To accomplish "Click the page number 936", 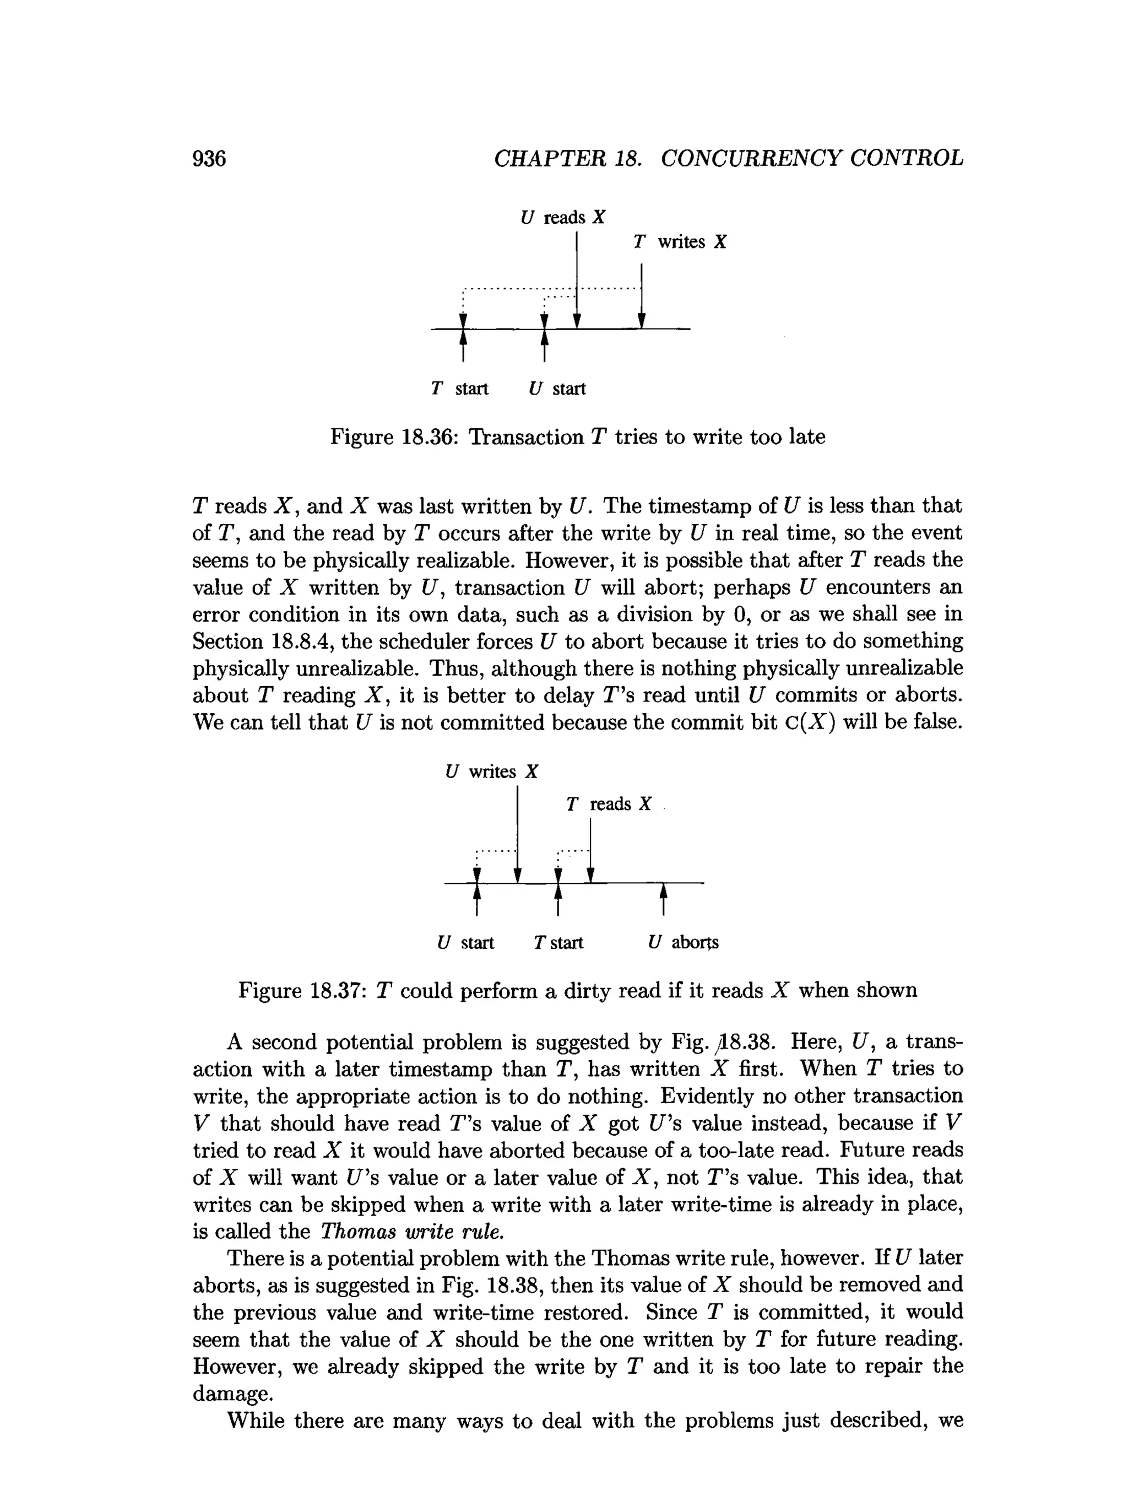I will [209, 158].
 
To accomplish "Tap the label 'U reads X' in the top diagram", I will [563, 218].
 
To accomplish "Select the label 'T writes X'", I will [680, 242].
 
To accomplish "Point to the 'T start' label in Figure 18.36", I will [459, 388].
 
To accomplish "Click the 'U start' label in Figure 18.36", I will [557, 388].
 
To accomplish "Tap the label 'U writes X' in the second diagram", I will [492, 772].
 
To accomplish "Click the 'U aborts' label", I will [683, 942].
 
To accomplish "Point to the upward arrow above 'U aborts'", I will [663, 899].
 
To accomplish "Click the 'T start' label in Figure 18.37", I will [558, 942].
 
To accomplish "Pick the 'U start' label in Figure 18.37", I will [465, 942].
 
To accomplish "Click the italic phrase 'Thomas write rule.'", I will [412, 1232].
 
